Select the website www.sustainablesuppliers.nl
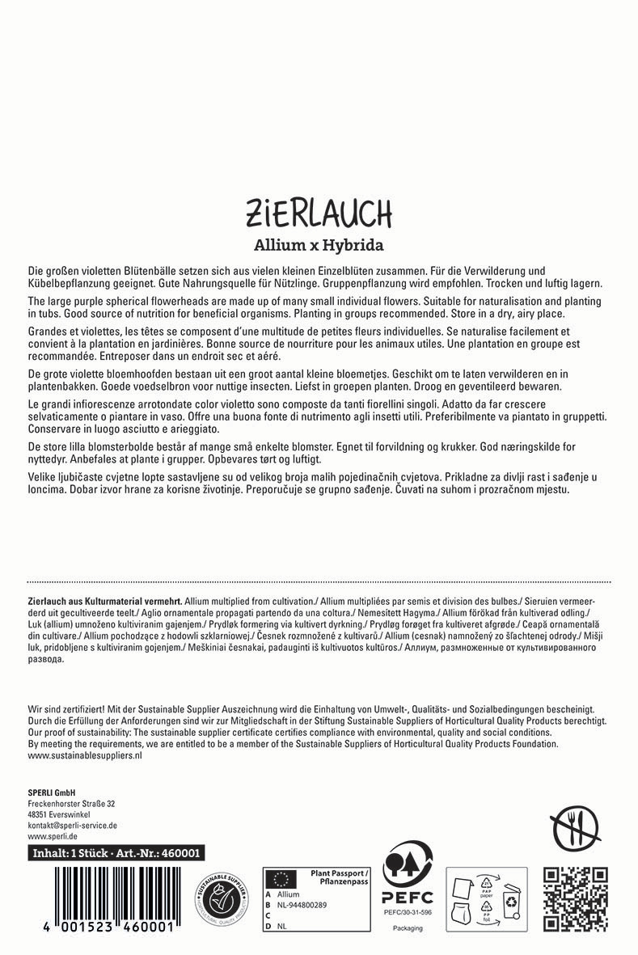coord(85,755)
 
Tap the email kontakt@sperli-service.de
coord(73,825)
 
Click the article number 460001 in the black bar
coord(182,853)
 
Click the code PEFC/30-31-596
coord(408,912)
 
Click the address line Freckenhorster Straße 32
coord(71,804)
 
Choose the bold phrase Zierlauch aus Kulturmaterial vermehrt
coord(104,602)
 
